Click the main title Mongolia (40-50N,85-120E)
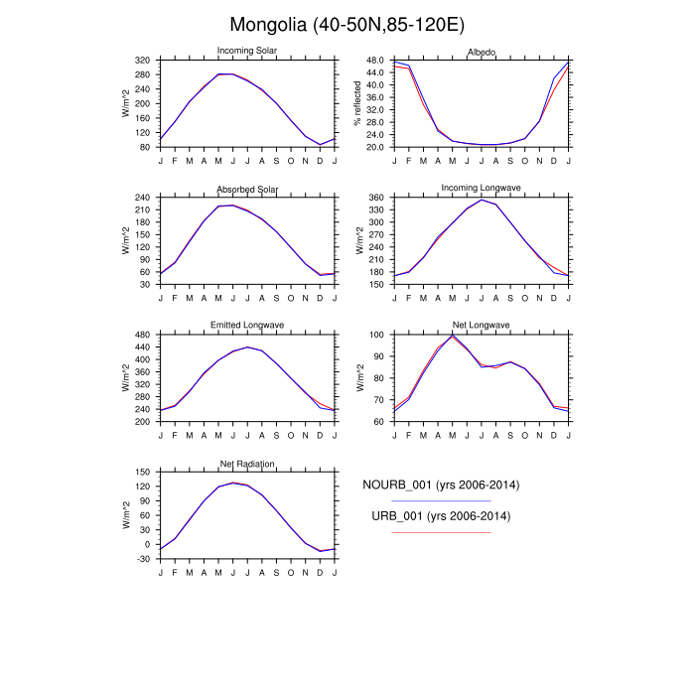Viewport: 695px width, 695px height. click(347, 24)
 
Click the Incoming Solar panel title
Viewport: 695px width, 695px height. click(247, 52)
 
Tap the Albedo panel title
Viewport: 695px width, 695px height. click(482, 52)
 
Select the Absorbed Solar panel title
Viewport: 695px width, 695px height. click(247, 189)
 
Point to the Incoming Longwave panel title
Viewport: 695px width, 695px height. click(482, 189)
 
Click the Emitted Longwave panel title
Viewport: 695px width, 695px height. click(247, 326)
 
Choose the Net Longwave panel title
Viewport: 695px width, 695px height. click(482, 326)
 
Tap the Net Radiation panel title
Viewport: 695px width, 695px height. click(247, 464)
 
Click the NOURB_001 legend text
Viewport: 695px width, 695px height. click(441, 486)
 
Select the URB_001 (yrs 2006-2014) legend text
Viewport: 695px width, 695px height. click(441, 517)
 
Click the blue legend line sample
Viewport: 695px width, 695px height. click(441, 501)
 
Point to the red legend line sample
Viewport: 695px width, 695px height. click(441, 533)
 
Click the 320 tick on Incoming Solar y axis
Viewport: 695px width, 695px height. click(142, 61)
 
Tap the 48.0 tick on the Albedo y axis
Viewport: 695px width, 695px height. click(374, 61)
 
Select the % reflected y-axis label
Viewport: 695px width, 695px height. click(358, 103)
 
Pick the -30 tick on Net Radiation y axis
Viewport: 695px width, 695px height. click(142, 559)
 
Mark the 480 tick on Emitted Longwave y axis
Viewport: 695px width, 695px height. click(142, 336)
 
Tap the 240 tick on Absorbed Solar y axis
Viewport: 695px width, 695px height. click(142, 199)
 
